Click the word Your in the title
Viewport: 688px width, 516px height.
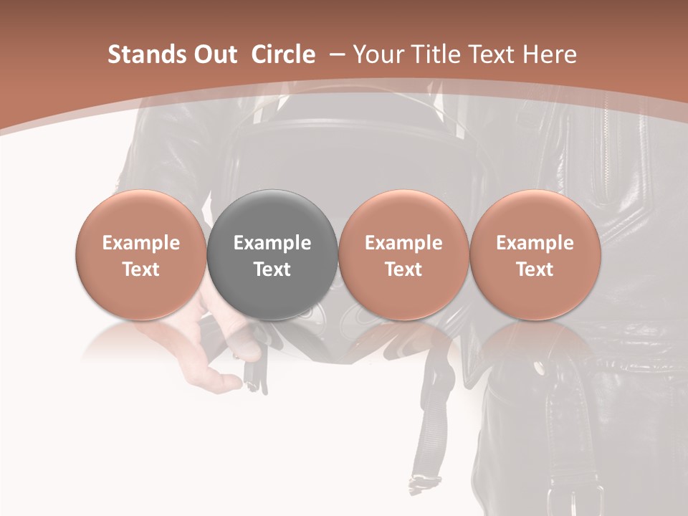point(376,54)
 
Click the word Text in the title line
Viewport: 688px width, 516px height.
point(489,54)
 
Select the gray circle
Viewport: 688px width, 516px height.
point(272,254)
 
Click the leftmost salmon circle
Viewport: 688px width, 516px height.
point(140,254)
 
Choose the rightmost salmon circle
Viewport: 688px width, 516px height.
point(535,254)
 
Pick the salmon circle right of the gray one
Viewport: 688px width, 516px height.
point(403,254)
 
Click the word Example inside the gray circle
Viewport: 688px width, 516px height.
point(272,243)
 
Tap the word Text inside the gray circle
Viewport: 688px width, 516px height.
point(272,269)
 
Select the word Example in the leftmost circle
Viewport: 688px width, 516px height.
point(140,243)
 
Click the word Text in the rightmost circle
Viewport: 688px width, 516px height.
point(535,269)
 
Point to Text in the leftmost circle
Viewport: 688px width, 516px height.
point(140,269)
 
